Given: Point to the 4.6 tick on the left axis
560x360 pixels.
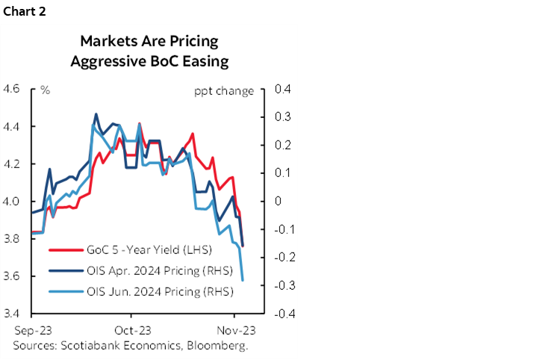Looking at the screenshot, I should pyautogui.click(x=12, y=90).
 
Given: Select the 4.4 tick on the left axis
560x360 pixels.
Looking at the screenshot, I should pyautogui.click(x=12, y=127).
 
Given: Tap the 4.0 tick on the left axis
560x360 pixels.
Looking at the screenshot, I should pyautogui.click(x=12, y=202).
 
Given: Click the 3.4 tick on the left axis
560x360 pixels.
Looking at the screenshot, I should pyautogui.click(x=12, y=314).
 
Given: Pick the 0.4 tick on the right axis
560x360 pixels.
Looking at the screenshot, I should pyautogui.click(x=281, y=90).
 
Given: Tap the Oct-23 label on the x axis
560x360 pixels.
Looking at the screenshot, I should pyautogui.click(x=134, y=329).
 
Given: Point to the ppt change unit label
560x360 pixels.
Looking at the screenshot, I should pyautogui.click(x=223, y=91).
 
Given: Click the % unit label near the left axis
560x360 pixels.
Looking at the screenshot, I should pyautogui.click(x=46, y=90).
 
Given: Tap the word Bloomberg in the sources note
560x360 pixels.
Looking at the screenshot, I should pyautogui.click(x=220, y=345).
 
